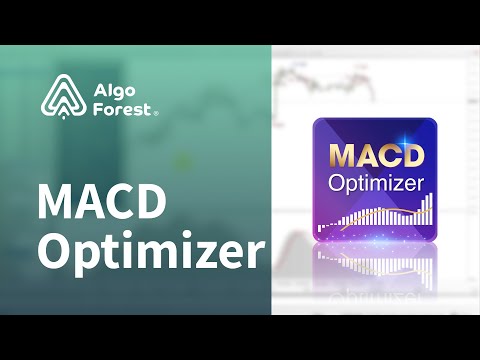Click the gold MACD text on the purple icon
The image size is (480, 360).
click(375, 158)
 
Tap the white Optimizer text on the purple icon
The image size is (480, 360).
click(375, 183)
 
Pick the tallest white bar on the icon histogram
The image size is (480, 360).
click(431, 209)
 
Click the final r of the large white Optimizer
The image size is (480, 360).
click(256, 252)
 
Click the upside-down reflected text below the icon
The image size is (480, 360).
click(375, 267)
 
